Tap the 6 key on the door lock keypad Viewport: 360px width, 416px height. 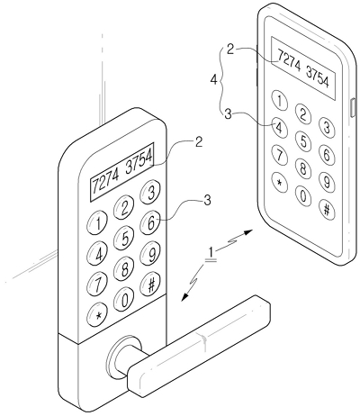[151, 222]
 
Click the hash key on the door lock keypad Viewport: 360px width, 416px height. [151, 283]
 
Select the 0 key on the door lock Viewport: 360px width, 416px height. [124, 299]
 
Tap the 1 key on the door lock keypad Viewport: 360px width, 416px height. [97, 223]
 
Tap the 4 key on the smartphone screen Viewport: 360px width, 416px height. [279, 128]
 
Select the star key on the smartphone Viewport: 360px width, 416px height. [279, 183]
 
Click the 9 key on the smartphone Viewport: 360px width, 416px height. [327, 182]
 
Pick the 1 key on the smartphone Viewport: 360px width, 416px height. [279, 101]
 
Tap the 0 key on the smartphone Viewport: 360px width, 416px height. [303, 196]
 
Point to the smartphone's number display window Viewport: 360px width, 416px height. [303, 68]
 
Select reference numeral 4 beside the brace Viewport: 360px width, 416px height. [213, 80]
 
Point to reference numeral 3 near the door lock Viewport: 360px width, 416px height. [207, 201]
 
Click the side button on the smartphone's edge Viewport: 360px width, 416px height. [353, 107]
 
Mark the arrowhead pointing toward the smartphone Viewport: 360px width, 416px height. [248, 231]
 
